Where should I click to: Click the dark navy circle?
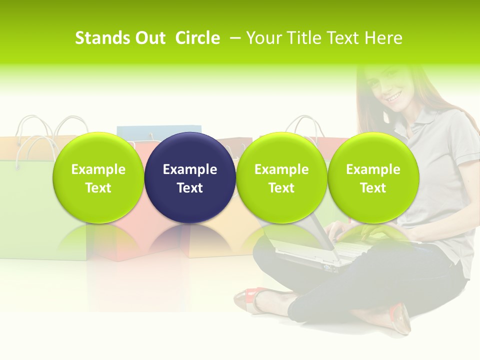(x=190, y=177)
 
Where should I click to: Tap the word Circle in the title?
(x=197, y=38)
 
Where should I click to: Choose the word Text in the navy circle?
(x=190, y=188)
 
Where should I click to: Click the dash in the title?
(x=233, y=38)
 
